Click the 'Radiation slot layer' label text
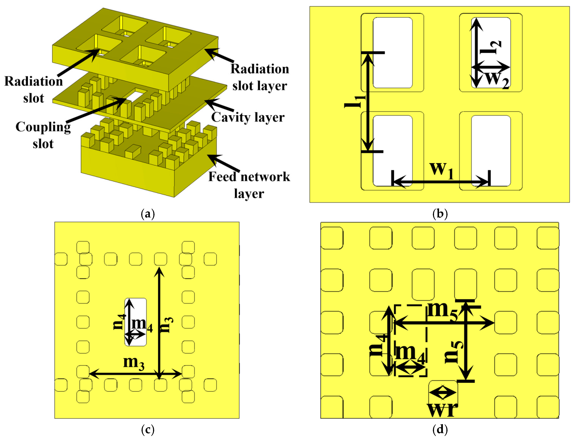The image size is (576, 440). coord(259,77)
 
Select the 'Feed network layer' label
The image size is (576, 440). coord(249,185)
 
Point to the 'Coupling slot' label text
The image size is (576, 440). coord(43,135)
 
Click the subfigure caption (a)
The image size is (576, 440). coord(148,214)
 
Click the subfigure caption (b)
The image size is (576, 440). coord(440,214)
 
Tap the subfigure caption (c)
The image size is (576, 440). coord(148,429)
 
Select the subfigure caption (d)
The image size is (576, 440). coord(440,429)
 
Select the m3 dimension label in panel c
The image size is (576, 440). coord(134,363)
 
